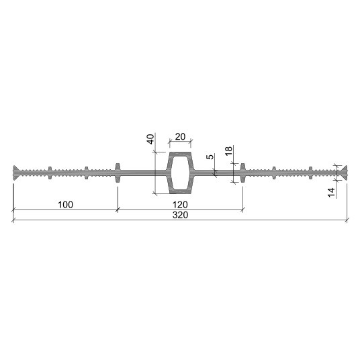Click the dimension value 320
180,215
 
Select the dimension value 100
65,205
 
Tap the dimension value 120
180,205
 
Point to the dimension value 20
180,136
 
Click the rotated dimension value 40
150,139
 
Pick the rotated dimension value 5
210,156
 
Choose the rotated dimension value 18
228,151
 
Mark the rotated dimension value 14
331,192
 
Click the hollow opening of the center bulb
180,173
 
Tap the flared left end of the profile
15,173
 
